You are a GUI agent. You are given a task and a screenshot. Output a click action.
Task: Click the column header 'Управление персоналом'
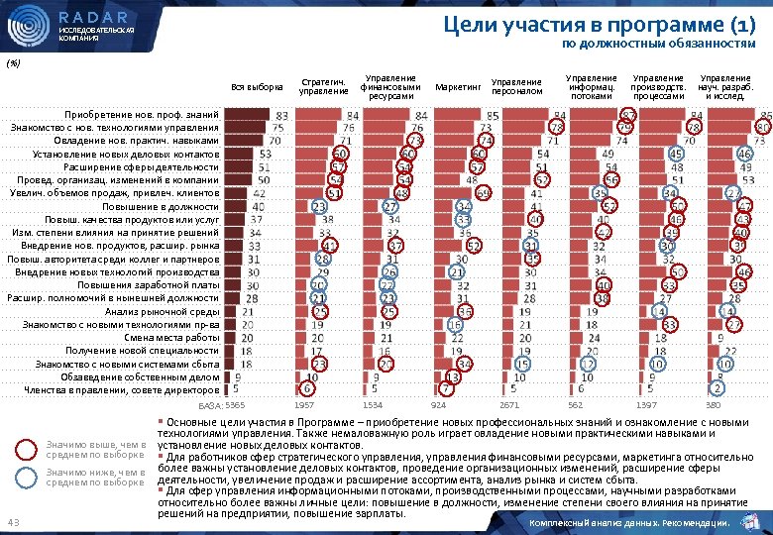[517, 87]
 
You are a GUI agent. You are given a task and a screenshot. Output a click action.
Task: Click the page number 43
[15, 522]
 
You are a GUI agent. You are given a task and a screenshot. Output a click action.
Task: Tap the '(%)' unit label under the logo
[13, 61]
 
